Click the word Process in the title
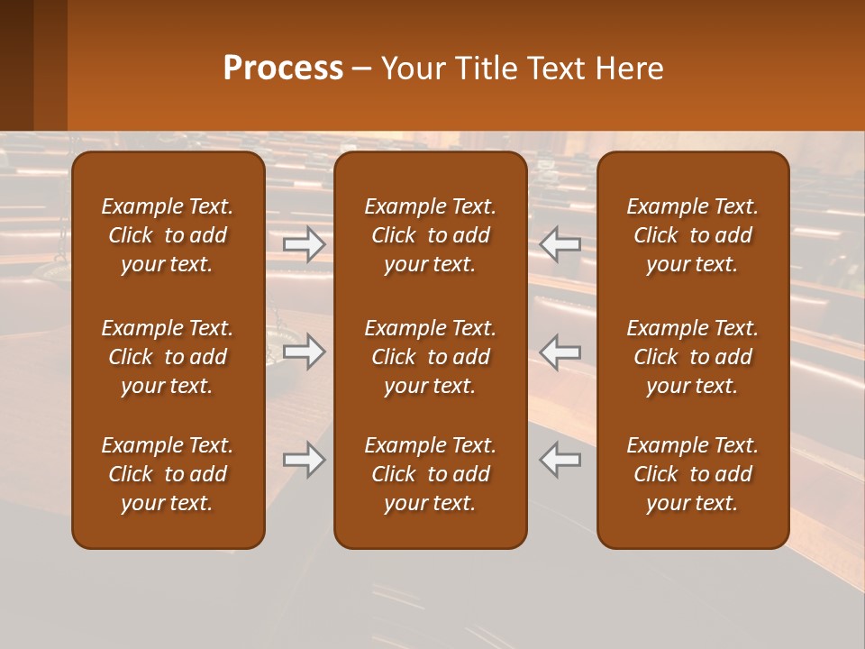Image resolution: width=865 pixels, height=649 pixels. [x=283, y=69]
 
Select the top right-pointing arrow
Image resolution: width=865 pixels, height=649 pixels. [x=305, y=244]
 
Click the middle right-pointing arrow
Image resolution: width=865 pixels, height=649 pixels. [x=305, y=352]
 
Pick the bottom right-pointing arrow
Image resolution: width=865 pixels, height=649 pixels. [x=305, y=460]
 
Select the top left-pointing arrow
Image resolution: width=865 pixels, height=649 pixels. [x=560, y=244]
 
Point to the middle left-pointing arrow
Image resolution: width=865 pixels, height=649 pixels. [x=560, y=352]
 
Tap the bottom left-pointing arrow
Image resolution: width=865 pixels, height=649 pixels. [x=560, y=460]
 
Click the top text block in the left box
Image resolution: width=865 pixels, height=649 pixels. [x=168, y=235]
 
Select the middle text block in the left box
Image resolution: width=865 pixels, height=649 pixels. [x=168, y=357]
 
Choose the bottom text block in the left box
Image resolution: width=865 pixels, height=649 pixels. [x=168, y=474]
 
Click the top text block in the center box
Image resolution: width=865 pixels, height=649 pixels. [x=431, y=235]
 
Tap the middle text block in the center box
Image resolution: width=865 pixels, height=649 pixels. [x=431, y=357]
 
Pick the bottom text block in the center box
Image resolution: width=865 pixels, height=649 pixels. [x=431, y=474]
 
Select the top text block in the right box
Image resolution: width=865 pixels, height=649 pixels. [x=693, y=235]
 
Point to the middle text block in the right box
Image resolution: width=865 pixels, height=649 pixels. [x=693, y=357]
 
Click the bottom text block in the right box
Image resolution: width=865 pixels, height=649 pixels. [x=693, y=474]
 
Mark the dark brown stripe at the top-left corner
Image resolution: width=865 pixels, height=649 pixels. [x=16, y=65]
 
